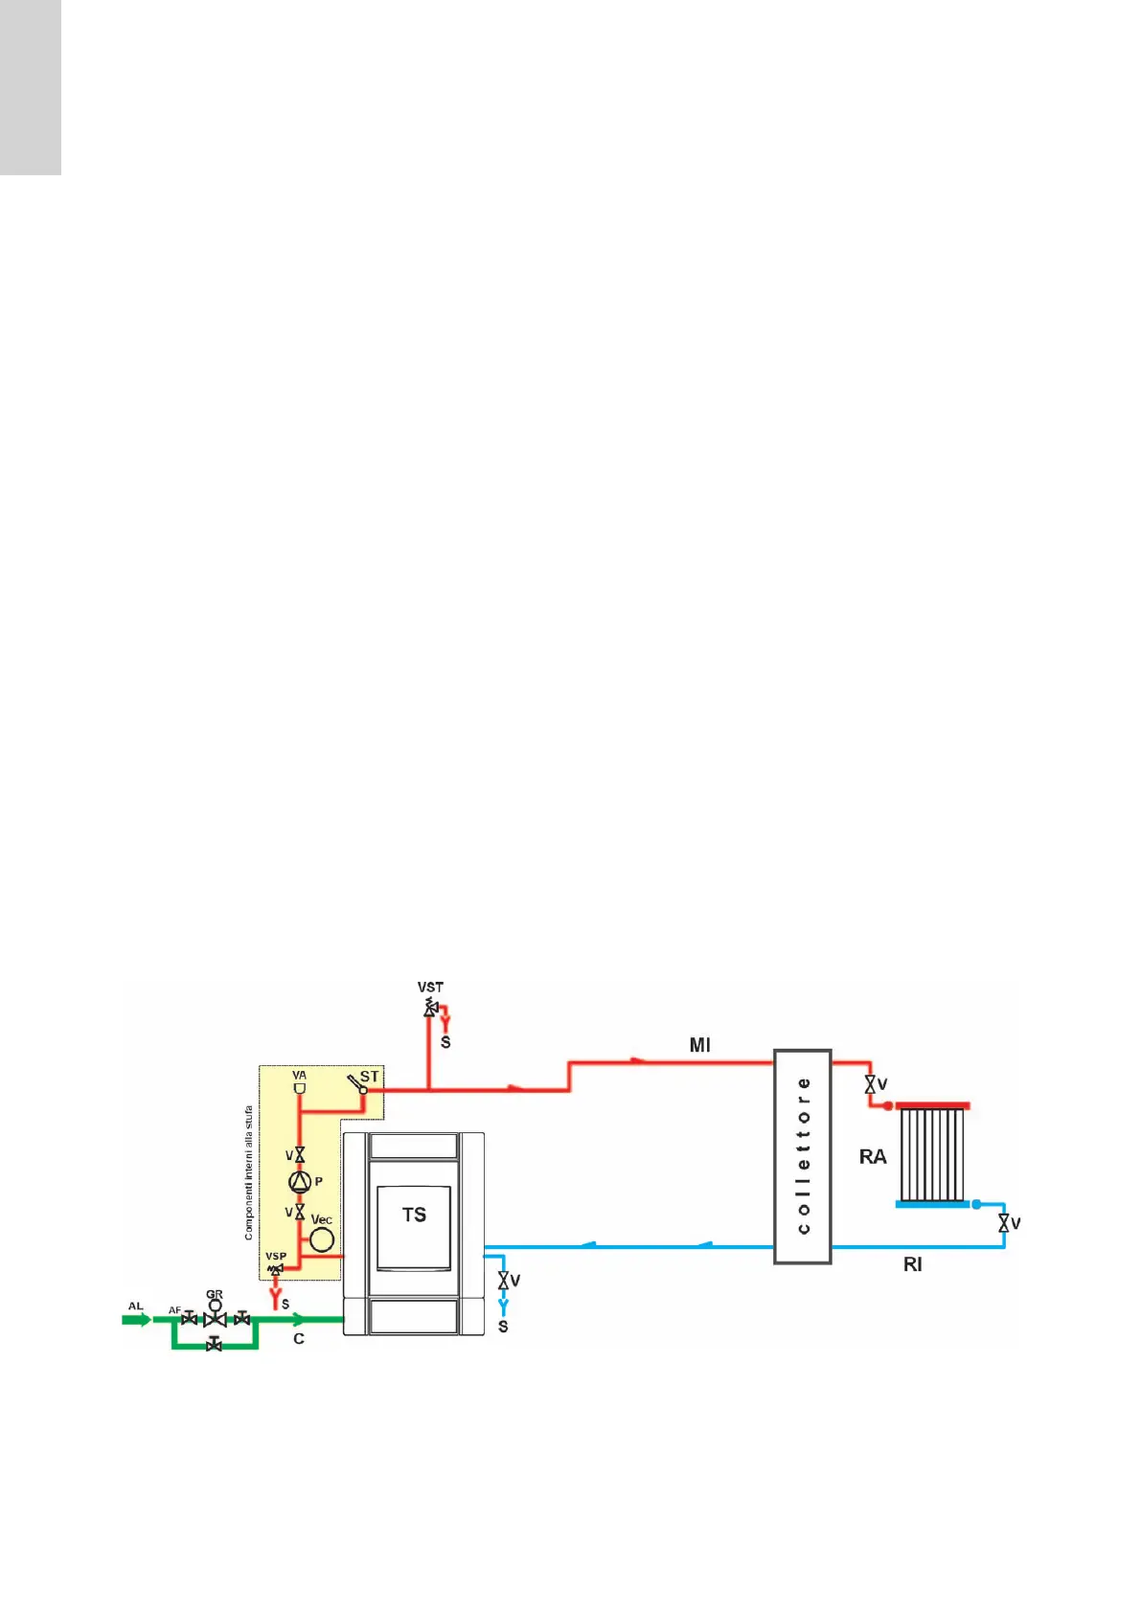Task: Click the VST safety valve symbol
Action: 429,1008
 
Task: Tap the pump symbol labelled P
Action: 300,1182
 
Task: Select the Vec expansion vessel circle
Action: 322,1239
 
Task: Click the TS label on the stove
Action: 414,1215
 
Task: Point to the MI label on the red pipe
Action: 700,1045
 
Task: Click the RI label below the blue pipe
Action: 912,1265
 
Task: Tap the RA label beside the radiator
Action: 873,1157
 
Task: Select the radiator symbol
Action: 932,1155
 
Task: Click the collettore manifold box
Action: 803,1156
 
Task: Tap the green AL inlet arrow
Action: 136,1319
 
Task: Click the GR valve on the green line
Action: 215,1318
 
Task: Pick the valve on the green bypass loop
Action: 215,1346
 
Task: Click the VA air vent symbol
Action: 300,1089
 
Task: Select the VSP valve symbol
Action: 276,1269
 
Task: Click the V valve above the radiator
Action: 870,1084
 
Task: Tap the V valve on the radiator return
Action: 1004,1223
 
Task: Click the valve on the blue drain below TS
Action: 503,1280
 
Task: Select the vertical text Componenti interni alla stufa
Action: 249,1173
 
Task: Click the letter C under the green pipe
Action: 299,1338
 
